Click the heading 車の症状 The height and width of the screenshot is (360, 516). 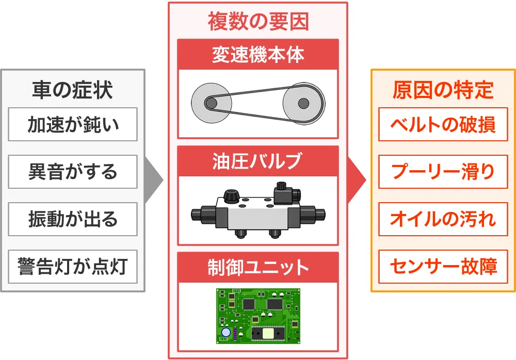pos(72,90)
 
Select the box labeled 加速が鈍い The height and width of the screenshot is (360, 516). pos(73,124)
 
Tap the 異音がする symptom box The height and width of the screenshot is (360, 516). pos(73,172)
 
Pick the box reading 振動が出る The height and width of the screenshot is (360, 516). pos(73,219)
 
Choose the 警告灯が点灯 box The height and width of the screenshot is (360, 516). pos(73,267)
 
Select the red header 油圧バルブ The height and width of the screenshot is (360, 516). pos(258,161)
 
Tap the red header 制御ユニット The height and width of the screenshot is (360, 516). pos(258,268)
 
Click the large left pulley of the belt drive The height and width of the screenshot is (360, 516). pos(211,103)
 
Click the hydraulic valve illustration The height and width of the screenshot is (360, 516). pos(258,211)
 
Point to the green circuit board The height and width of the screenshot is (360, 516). pos(258,316)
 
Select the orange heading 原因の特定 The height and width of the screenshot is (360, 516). pos(443,90)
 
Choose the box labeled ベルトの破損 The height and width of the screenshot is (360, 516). pos(443,124)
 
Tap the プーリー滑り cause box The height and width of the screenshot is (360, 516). pos(443,172)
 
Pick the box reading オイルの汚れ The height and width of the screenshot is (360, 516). pos(443,219)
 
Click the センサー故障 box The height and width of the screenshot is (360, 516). pos(443,267)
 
